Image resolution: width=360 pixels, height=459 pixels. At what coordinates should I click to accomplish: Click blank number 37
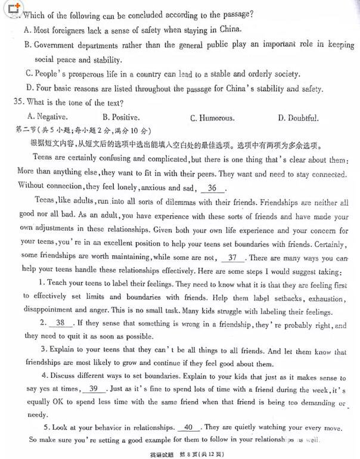pyautogui.click(x=232, y=258)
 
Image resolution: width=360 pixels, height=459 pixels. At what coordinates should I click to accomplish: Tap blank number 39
pyautogui.click(x=93, y=389)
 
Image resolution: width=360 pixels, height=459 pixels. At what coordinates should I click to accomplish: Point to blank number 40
pyautogui.click(x=189, y=427)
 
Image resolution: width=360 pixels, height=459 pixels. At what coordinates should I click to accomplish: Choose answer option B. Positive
pyautogui.click(x=121, y=117)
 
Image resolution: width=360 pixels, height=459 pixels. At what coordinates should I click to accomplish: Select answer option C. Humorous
pyautogui.click(x=212, y=118)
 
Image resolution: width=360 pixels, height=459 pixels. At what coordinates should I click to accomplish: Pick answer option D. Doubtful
pyautogui.click(x=298, y=118)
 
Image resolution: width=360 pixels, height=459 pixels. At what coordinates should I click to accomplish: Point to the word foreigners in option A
pyautogui.click(x=72, y=29)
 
